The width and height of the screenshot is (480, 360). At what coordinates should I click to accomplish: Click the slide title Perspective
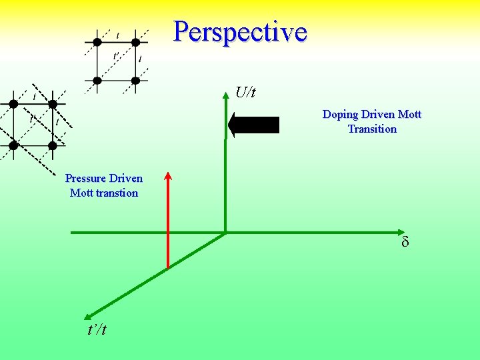240,31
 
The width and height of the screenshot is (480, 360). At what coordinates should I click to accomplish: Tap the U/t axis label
245,93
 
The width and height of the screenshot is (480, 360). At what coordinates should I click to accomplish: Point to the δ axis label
405,242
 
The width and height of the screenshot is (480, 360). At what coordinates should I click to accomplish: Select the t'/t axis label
97,329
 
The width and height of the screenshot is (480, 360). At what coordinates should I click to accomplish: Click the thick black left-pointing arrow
253,125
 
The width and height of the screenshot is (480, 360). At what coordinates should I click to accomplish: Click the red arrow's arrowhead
168,177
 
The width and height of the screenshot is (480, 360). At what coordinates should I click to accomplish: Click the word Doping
341,115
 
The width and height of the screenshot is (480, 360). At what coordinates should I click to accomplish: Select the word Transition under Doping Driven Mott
372,129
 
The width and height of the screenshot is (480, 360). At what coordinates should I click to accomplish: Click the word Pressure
85,179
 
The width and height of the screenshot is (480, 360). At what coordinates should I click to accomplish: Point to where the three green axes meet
225,233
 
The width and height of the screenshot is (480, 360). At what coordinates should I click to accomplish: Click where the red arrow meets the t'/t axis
168,267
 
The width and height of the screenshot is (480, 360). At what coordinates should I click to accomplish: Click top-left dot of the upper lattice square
97,42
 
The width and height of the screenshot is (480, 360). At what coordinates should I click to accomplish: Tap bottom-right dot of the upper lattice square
135,81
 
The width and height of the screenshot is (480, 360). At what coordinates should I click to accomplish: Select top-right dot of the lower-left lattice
53,104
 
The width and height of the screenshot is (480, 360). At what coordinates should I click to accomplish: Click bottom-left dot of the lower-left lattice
13,145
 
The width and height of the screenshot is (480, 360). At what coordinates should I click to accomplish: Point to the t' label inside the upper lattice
116,56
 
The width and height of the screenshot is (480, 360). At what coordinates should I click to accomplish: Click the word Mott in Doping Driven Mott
409,115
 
